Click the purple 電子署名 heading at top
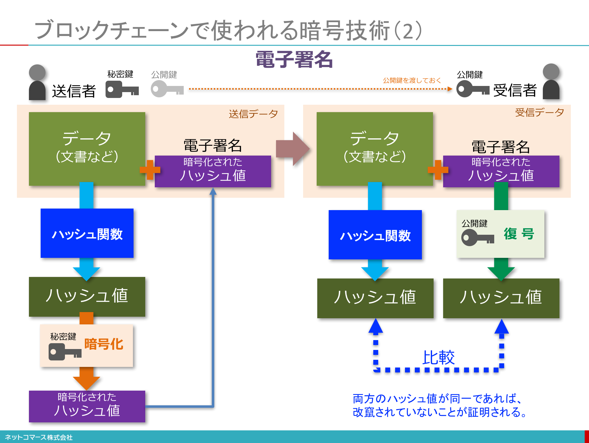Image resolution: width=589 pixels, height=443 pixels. pos(294,59)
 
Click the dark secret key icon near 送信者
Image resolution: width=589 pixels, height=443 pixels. pos(122,90)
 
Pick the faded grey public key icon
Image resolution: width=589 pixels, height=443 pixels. pos(167,89)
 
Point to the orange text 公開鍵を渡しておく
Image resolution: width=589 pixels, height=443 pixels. pos(412,80)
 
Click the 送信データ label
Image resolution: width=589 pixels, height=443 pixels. pos(253,114)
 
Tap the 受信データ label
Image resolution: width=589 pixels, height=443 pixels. pos(539,112)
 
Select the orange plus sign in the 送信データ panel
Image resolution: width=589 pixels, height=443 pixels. pos(150,170)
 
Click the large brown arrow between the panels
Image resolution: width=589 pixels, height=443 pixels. pos(293,149)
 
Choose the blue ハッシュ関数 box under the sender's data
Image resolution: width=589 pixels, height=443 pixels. pos(87,233)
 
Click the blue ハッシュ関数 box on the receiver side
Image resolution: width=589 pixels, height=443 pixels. pos(375,235)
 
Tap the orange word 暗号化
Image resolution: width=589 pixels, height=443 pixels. pos(104,344)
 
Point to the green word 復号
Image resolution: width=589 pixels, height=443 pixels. pos(519,234)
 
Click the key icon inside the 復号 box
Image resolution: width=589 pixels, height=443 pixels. pos(477,238)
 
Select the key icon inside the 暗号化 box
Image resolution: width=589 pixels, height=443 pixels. pos(65,352)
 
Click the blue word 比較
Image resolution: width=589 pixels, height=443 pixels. pos(438,357)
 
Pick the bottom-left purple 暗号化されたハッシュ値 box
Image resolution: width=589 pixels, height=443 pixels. pos(87,406)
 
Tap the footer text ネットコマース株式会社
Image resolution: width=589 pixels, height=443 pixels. pos(39,437)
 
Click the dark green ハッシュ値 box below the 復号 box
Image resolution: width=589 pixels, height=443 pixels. pos(501,298)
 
